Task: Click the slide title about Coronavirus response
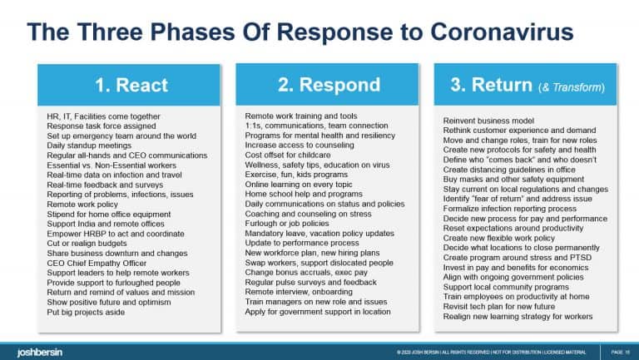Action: (300, 32)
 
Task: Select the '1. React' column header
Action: (130, 86)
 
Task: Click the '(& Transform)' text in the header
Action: (575, 86)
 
